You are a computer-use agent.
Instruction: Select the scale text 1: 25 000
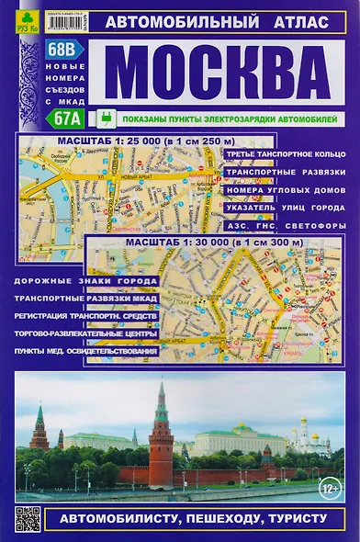[x=145, y=140]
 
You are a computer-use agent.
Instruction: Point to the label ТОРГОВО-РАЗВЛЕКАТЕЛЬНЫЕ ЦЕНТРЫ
[x=84, y=333]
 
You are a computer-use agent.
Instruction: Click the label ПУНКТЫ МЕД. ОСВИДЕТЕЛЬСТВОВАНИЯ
[x=84, y=351]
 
